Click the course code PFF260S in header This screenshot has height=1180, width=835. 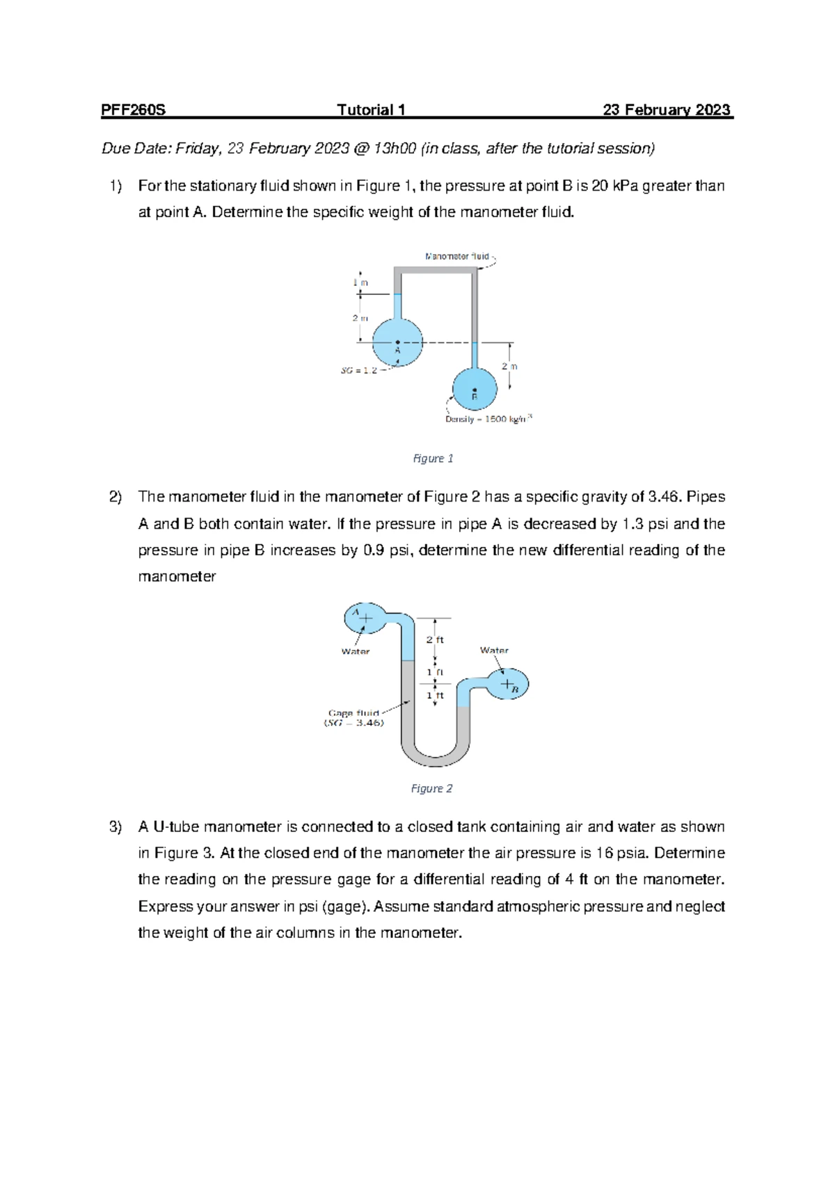[133, 110]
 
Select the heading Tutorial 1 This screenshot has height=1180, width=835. [371, 110]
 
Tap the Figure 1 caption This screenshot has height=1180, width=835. [433, 459]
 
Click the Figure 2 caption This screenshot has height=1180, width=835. [431, 788]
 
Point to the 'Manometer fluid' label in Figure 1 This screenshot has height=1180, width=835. [457, 256]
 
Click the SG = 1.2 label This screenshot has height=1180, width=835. [359, 370]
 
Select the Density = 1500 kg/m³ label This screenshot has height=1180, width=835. [488, 419]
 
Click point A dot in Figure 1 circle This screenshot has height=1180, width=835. [398, 342]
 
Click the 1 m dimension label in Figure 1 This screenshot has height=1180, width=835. [360, 282]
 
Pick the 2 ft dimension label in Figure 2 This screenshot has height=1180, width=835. [435, 639]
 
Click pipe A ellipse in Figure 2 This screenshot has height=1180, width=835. [365, 618]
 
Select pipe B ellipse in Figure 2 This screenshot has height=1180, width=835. [507, 685]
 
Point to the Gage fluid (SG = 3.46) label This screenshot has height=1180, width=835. [353, 718]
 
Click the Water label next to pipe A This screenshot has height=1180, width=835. [355, 652]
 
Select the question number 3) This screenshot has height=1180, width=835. [115, 827]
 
